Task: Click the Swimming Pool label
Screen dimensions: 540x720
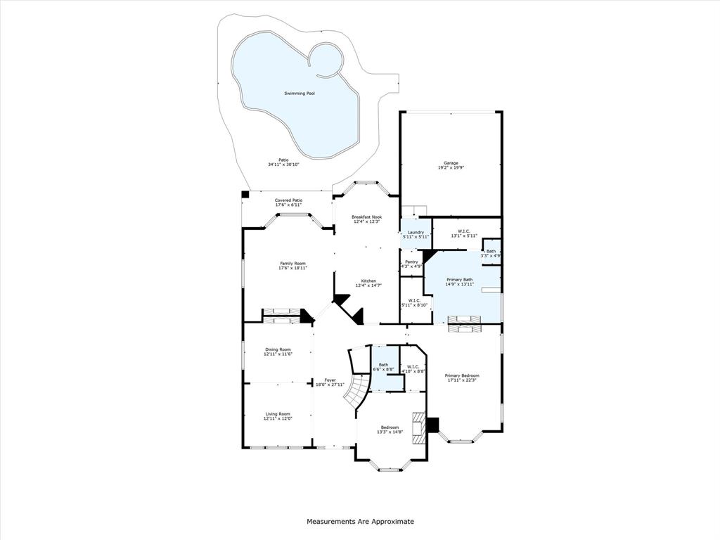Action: pos(299,93)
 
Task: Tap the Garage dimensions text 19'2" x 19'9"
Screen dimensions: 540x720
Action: pos(451,167)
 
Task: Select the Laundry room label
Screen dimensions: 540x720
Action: pos(416,232)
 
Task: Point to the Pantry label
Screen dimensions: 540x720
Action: pos(411,262)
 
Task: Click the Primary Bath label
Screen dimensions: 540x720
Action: pos(460,279)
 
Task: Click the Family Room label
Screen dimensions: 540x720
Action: pos(292,263)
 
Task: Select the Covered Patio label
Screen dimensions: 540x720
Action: pos(288,200)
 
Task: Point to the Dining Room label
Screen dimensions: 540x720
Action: pos(278,349)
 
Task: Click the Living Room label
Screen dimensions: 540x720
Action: pos(278,413)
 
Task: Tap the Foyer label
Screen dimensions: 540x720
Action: pos(330,380)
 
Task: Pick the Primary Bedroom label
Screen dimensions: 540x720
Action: pos(461,375)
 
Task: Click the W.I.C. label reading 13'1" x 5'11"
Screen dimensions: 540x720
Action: pos(464,231)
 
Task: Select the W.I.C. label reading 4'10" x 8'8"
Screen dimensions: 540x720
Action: pos(413,366)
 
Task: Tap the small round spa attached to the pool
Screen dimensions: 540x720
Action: pos(326,60)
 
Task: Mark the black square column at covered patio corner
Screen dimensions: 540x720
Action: pos(245,195)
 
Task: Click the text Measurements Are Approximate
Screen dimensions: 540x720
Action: pos(360,522)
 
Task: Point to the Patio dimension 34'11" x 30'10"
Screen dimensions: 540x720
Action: pos(283,165)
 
